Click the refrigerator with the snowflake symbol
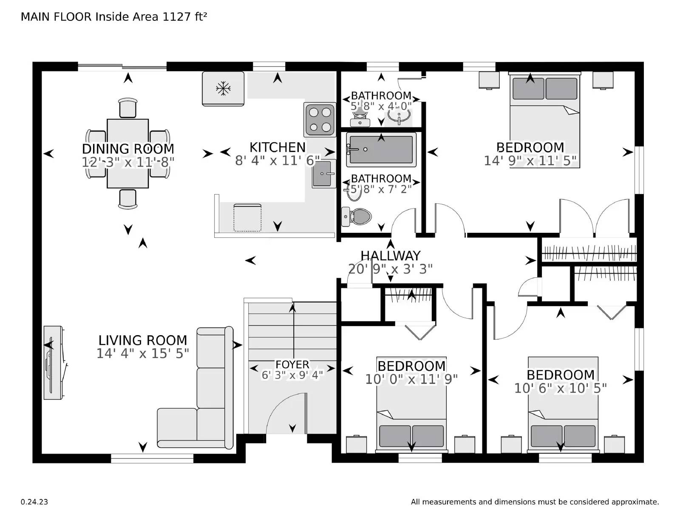click(223, 89)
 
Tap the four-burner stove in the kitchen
click(319, 120)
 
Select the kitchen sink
click(323, 174)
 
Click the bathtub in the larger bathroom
click(381, 150)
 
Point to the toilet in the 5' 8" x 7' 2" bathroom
click(358, 217)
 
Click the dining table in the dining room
click(127, 154)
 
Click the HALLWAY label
click(390, 256)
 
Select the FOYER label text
click(292, 364)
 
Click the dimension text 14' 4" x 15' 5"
click(143, 353)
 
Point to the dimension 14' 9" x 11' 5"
click(530, 161)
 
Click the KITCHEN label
click(277, 147)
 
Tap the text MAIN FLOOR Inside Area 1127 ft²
click(114, 17)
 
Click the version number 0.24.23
click(34, 502)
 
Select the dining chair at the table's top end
click(128, 108)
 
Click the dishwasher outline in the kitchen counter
click(247, 218)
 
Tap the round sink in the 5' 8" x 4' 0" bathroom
click(399, 115)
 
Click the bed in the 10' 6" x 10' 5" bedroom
click(563, 404)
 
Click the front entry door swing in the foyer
click(286, 414)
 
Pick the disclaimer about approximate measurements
click(535, 502)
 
